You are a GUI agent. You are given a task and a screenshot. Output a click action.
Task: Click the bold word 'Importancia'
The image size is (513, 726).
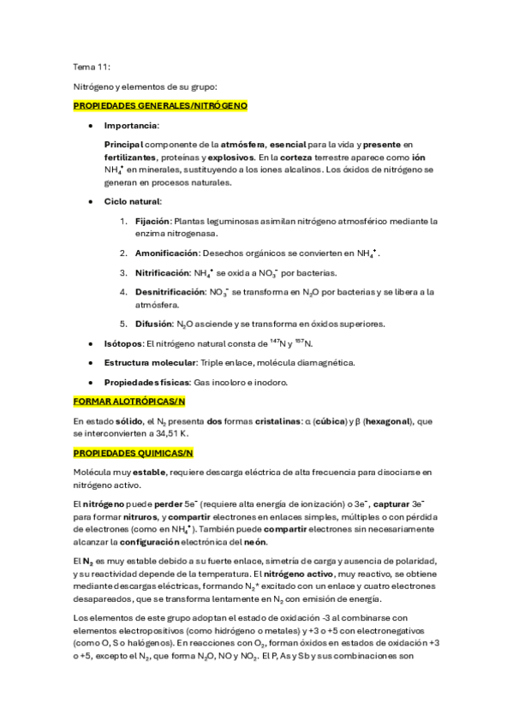coord(131,125)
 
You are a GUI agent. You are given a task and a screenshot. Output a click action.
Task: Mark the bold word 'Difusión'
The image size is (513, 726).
coord(152,324)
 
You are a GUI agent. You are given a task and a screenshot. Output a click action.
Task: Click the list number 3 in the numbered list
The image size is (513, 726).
coord(123,272)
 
